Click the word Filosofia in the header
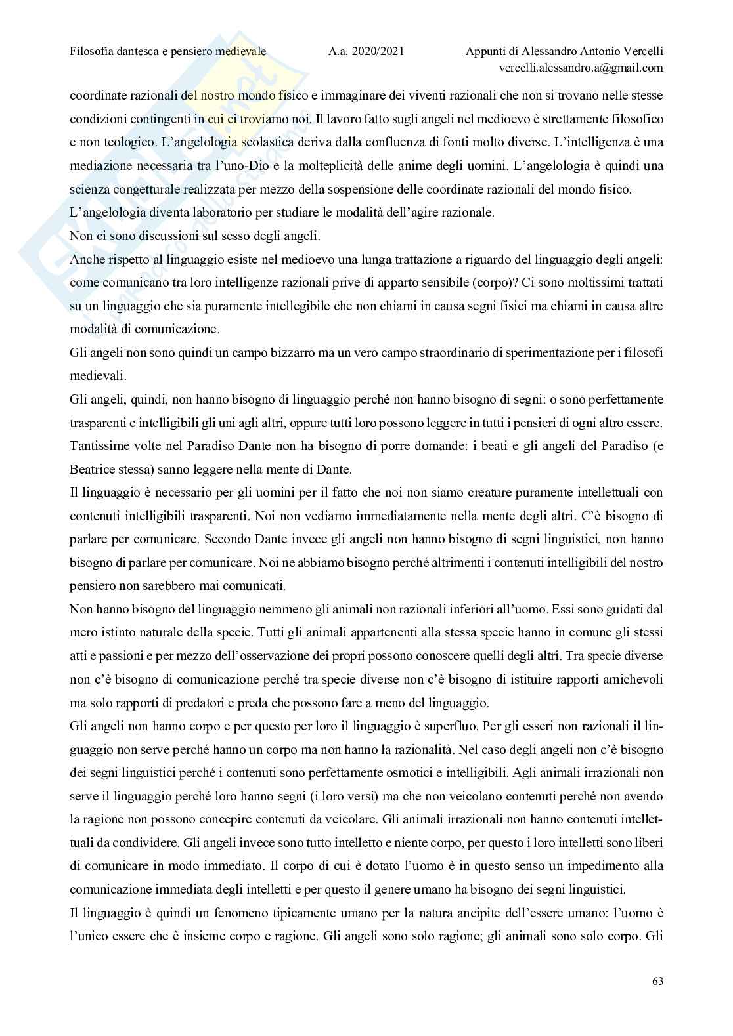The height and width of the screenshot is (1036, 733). coord(92,51)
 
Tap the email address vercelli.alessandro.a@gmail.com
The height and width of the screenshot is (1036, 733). coord(581,68)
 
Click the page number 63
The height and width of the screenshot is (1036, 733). coord(657,982)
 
